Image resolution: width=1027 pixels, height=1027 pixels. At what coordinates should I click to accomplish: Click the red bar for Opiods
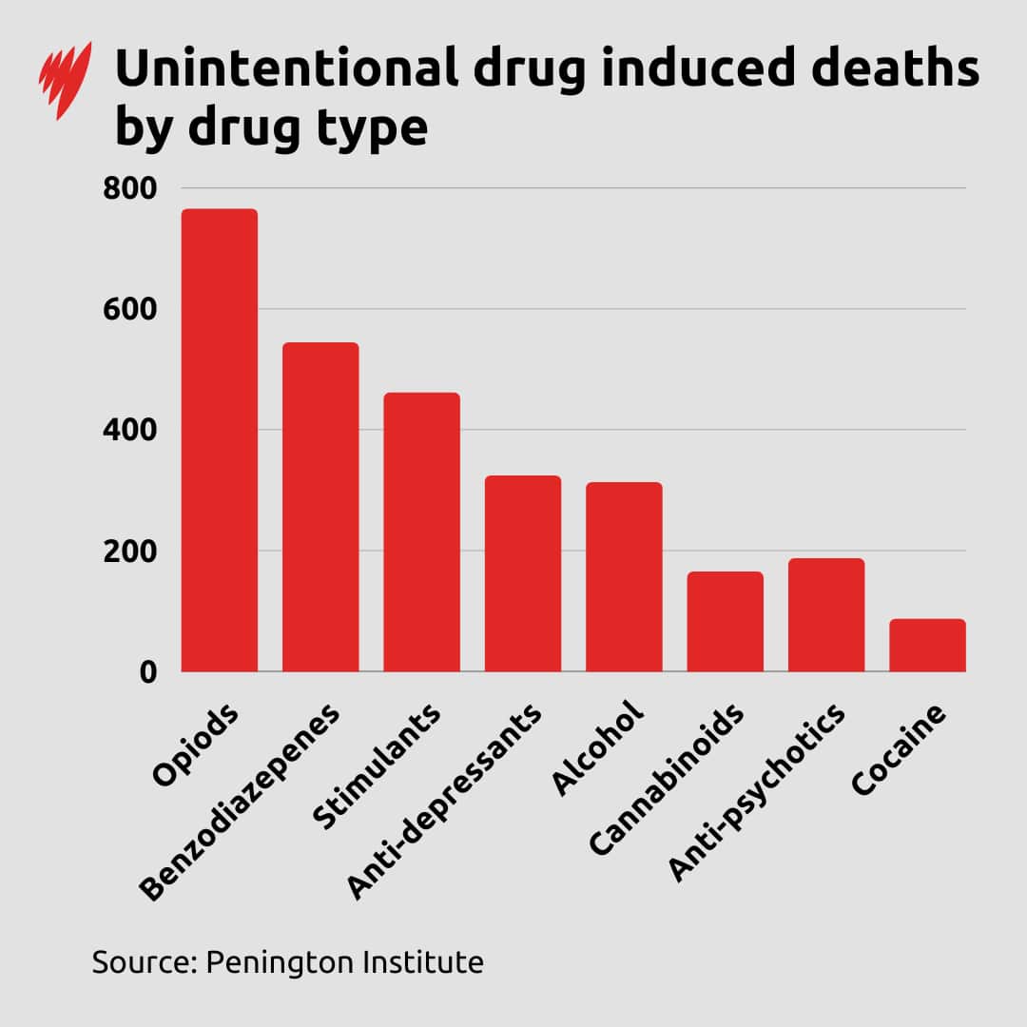[220, 440]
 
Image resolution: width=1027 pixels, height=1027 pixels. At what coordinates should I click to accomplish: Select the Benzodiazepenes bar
[320, 507]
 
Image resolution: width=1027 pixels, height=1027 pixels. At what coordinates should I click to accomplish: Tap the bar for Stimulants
[421, 532]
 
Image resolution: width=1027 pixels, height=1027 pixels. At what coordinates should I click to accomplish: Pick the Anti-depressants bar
[523, 573]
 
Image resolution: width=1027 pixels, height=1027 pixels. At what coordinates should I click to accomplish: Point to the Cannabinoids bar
[725, 621]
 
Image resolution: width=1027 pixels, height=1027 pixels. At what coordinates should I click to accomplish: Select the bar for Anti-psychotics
[826, 614]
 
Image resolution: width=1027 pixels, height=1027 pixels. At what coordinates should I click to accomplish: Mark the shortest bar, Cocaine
[927, 645]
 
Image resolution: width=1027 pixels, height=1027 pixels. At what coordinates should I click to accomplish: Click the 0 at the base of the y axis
[146, 672]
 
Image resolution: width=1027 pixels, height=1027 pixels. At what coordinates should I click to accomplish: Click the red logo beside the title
[66, 80]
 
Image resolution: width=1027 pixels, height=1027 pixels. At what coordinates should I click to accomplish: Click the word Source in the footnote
[143, 961]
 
